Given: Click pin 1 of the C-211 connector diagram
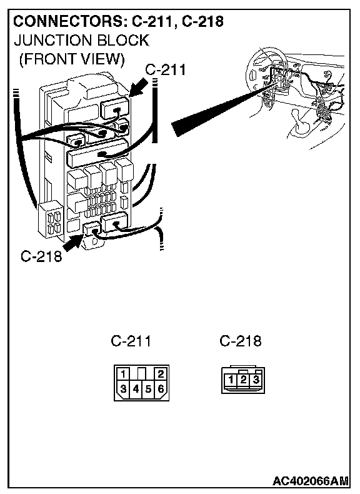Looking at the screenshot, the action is (x=123, y=374).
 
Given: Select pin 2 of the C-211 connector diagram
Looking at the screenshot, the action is (x=161, y=374).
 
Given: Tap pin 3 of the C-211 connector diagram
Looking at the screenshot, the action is (x=123, y=388).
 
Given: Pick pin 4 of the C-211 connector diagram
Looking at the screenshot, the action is (x=136, y=389).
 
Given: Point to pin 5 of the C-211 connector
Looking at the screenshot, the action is (x=148, y=389).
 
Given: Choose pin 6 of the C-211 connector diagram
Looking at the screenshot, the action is (x=161, y=389).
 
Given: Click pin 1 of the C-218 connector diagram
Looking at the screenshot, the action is (x=231, y=379).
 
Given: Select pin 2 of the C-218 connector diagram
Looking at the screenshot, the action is (x=243, y=379).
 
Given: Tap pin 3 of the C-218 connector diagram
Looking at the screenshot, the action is (x=256, y=379).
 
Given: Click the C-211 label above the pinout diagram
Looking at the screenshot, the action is (x=131, y=341).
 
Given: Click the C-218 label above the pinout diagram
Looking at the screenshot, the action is (x=241, y=341).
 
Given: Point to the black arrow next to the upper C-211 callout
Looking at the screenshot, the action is (x=139, y=88).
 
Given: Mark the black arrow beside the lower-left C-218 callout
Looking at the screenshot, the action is (x=72, y=242).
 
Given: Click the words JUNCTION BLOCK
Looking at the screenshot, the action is (x=82, y=41).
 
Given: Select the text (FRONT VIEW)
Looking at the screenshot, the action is (x=72, y=59).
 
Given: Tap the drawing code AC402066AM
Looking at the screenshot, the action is (x=311, y=481).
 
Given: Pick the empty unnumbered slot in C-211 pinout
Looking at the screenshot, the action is (x=142, y=374).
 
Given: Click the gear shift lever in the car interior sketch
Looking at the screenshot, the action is (x=301, y=124).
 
